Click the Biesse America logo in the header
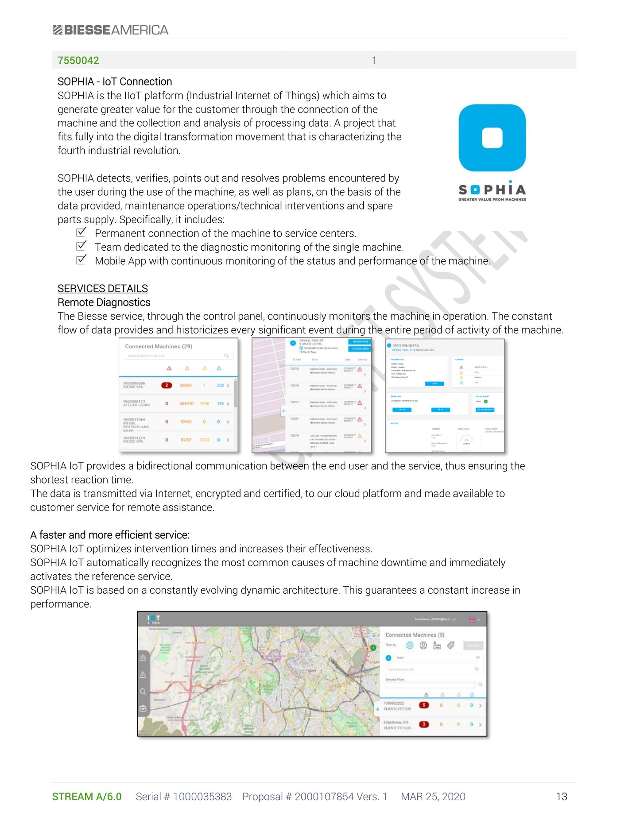click(x=111, y=30)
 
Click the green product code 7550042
click(x=78, y=60)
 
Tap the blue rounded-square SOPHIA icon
click(x=492, y=138)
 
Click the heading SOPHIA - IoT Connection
click(x=115, y=81)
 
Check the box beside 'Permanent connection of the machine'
click(x=81, y=232)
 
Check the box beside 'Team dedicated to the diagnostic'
click(x=81, y=246)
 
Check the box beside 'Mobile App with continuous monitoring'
click(x=81, y=260)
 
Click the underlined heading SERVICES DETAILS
click(x=103, y=289)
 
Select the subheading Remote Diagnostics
click(x=104, y=302)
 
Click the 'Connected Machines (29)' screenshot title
click(x=159, y=346)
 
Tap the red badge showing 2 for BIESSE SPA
click(x=167, y=385)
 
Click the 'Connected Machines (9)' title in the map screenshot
click(x=415, y=635)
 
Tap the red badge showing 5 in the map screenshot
click(x=424, y=705)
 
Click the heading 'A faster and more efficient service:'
click(x=110, y=535)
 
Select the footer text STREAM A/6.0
click(x=87, y=797)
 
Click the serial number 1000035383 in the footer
click(x=202, y=797)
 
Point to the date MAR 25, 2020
click(x=433, y=797)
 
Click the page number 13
click(x=562, y=797)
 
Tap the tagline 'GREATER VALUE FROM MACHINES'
click(x=492, y=200)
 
